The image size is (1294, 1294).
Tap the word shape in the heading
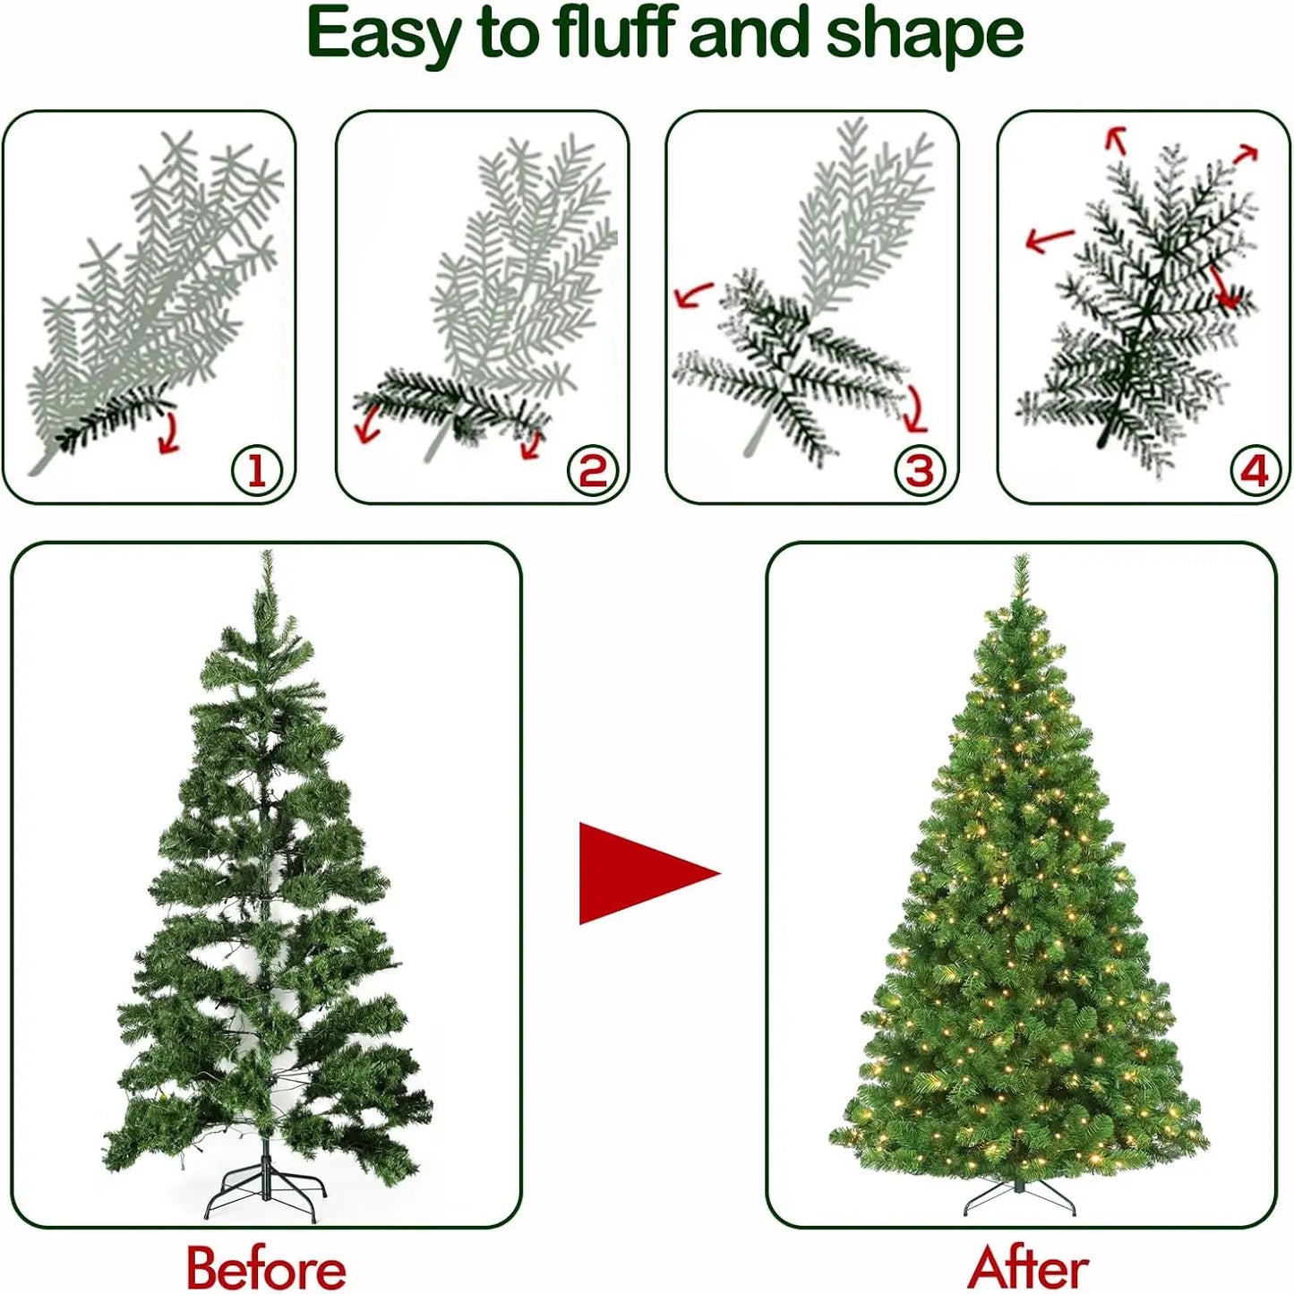(923, 34)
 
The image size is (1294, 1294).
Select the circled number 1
(257, 470)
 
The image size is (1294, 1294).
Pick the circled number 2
(592, 470)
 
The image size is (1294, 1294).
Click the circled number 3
(920, 470)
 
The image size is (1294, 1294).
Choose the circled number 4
(1255, 470)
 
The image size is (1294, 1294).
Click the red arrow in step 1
(167, 433)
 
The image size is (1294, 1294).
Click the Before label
(266, 1268)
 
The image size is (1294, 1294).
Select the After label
(1028, 1268)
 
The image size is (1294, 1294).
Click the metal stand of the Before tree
(263, 1191)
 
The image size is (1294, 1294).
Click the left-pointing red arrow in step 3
(693, 295)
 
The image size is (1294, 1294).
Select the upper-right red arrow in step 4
(1246, 155)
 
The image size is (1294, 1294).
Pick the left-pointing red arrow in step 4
(1049, 239)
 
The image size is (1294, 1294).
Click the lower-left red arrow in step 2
(367, 424)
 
